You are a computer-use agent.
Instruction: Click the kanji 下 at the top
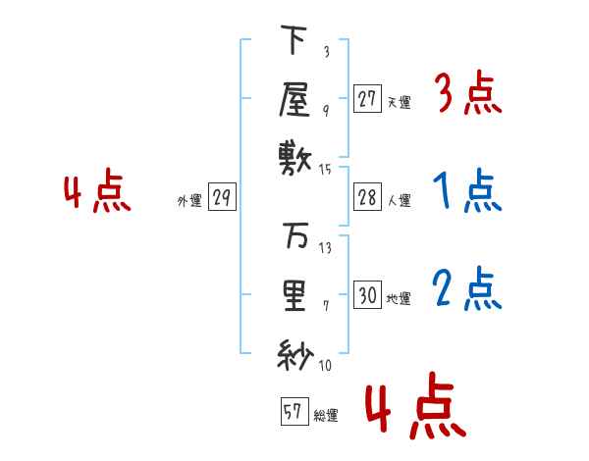click(294, 39)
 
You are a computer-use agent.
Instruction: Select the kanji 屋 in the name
click(294, 99)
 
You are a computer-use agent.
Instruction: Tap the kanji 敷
click(294, 159)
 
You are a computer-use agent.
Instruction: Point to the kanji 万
click(295, 235)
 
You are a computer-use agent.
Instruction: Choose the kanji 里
click(294, 296)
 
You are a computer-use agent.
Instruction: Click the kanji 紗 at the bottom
click(295, 355)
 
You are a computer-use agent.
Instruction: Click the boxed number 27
click(367, 98)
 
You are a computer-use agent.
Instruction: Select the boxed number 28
click(367, 197)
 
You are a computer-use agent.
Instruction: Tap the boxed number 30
click(367, 294)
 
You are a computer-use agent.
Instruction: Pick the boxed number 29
click(222, 197)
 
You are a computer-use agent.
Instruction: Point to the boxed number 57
click(294, 411)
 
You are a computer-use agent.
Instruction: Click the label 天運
click(400, 102)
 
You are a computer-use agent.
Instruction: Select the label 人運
click(400, 200)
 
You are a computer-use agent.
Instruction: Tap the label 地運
click(399, 299)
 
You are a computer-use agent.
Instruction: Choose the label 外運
click(189, 201)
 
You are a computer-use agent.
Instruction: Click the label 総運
click(326, 416)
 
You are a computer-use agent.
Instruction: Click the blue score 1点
click(467, 190)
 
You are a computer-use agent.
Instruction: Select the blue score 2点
click(467, 289)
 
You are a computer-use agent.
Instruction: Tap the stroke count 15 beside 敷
click(325, 170)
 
